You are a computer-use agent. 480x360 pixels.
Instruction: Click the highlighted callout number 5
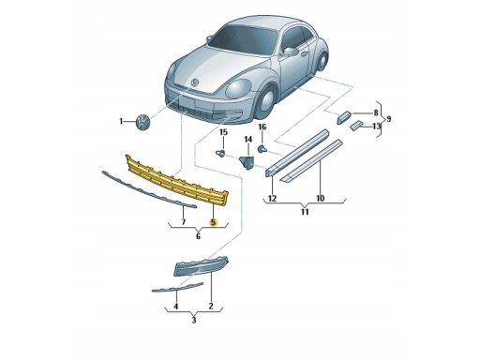click(x=213, y=222)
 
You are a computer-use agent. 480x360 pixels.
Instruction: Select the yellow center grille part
click(x=177, y=181)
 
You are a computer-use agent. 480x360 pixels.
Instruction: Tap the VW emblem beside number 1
click(x=143, y=121)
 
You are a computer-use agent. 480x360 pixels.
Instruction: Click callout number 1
click(x=121, y=121)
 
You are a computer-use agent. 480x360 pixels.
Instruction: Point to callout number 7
click(x=184, y=222)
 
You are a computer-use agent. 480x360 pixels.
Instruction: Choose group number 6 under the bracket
click(x=198, y=236)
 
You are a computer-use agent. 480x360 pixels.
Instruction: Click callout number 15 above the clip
click(x=223, y=132)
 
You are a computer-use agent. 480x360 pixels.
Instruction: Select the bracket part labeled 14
click(x=247, y=163)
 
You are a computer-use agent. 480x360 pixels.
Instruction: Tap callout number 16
click(x=262, y=127)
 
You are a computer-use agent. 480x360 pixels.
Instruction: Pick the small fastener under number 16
click(x=262, y=149)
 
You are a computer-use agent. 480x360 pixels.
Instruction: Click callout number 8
click(x=376, y=112)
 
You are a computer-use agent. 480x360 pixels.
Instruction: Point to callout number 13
click(x=377, y=127)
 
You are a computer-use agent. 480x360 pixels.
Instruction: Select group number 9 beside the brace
click(x=389, y=119)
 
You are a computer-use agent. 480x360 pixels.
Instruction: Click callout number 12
click(x=273, y=199)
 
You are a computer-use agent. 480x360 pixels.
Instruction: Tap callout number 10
click(x=320, y=198)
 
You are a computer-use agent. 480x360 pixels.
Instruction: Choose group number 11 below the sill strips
click(x=305, y=212)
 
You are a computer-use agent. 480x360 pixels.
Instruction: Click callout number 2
click(x=211, y=306)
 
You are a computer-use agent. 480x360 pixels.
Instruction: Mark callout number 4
click(x=176, y=307)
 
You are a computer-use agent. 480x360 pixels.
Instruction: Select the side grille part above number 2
click(x=201, y=266)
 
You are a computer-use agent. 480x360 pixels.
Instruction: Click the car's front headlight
click(x=238, y=88)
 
